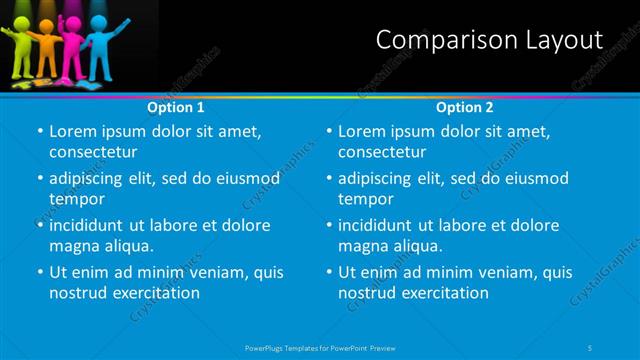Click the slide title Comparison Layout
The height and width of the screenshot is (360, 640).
(x=489, y=40)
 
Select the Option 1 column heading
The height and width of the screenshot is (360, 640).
(x=176, y=106)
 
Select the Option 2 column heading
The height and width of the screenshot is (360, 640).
(x=465, y=106)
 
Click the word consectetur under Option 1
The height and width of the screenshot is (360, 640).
(x=92, y=152)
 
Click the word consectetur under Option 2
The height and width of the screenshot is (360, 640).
(x=381, y=152)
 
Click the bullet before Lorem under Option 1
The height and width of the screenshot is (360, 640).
(x=39, y=132)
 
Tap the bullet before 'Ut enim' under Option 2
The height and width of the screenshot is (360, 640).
(x=328, y=272)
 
